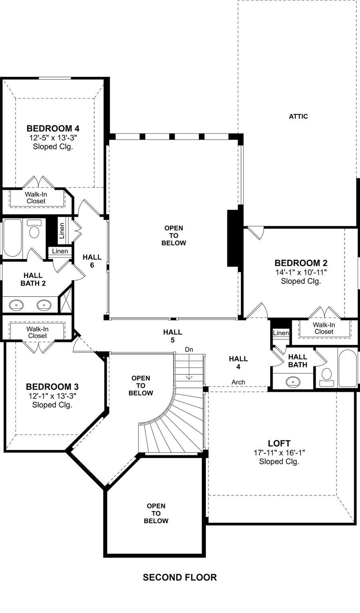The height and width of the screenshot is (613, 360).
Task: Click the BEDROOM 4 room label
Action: (x=53, y=128)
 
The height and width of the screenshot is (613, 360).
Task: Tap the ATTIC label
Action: (x=299, y=116)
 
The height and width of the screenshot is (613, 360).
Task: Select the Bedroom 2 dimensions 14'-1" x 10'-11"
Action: (x=301, y=272)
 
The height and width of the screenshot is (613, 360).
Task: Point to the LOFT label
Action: (x=279, y=443)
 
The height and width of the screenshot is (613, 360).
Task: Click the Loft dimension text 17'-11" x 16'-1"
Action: (x=279, y=453)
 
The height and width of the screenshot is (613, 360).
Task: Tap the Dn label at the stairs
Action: (x=189, y=350)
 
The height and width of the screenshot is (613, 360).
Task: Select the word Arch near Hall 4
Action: (x=238, y=382)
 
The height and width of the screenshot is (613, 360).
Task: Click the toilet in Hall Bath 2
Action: (x=34, y=229)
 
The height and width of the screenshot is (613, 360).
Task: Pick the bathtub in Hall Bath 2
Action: (x=12, y=237)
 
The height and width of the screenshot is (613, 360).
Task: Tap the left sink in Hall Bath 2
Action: (x=16, y=305)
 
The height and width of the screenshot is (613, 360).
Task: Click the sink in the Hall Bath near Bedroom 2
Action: (x=293, y=381)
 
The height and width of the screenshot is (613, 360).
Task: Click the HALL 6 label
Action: (x=92, y=261)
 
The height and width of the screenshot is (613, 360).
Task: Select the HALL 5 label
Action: (x=172, y=336)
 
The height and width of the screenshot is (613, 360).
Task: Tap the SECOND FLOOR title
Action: (x=180, y=577)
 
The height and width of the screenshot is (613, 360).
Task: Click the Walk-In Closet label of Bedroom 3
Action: (x=38, y=332)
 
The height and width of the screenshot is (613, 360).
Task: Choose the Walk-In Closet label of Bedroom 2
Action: (x=324, y=328)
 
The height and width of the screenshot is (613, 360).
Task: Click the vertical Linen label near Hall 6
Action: (x=62, y=231)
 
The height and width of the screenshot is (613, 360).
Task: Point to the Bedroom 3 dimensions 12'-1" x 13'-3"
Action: (x=52, y=396)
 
